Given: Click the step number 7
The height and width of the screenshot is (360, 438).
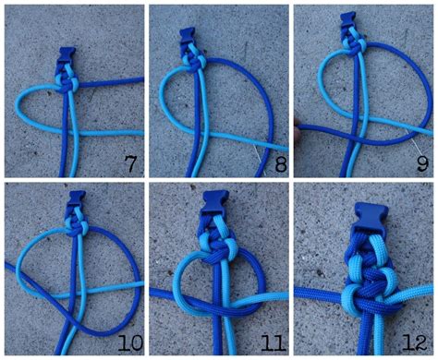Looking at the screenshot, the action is pyautogui.click(x=130, y=163).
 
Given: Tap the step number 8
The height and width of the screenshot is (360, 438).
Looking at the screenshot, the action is pyautogui.click(x=280, y=163).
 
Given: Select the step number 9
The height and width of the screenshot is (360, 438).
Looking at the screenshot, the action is pyautogui.click(x=422, y=163).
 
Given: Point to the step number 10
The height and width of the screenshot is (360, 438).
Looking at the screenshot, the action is pyautogui.click(x=130, y=343).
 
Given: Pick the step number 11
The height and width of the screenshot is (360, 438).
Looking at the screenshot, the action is pyautogui.click(x=274, y=343).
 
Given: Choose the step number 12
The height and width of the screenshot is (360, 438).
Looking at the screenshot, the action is pyautogui.click(x=415, y=343).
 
